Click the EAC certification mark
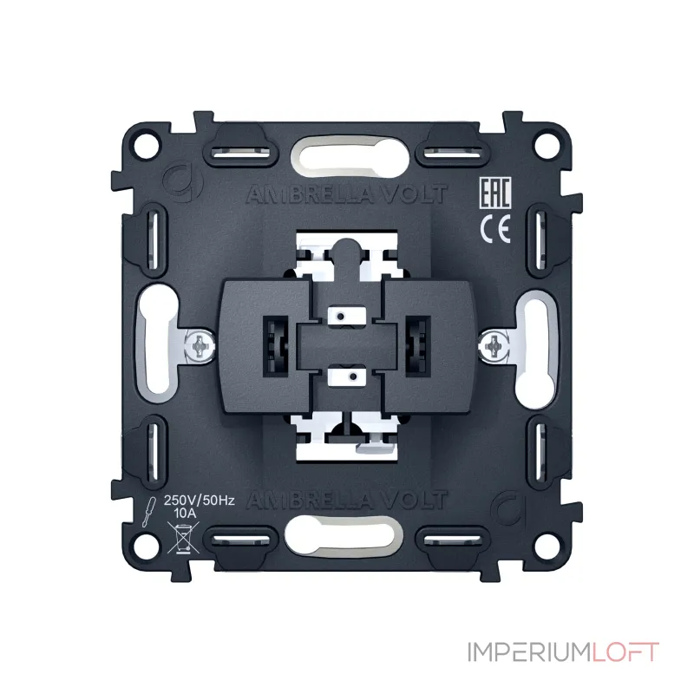(x=495, y=193)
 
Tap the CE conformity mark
(x=495, y=229)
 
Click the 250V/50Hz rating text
(x=200, y=501)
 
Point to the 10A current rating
(x=185, y=514)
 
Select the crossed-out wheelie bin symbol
(x=183, y=538)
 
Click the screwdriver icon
(x=148, y=512)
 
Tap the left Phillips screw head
(x=200, y=345)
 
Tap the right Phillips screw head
(x=493, y=345)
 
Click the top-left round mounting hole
(x=147, y=145)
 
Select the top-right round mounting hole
(x=547, y=145)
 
